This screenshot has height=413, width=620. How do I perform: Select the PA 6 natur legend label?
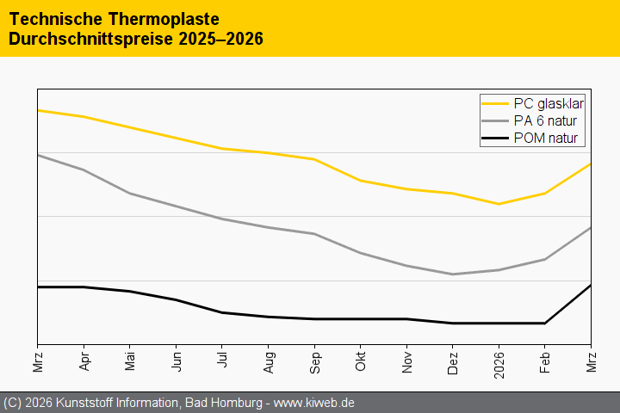(x=545, y=120)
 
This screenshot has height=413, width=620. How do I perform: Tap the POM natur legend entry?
(x=545, y=138)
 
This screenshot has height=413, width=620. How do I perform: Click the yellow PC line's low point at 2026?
(x=499, y=204)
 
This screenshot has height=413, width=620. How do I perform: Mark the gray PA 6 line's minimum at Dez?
(x=453, y=274)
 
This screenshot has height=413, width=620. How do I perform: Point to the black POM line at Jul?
(x=222, y=312)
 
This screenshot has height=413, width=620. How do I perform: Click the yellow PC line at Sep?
(x=314, y=159)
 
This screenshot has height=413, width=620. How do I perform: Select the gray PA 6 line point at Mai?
(x=130, y=194)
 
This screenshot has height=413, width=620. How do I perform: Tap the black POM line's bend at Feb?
(x=545, y=324)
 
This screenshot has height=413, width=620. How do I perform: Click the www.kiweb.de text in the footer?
(x=314, y=403)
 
